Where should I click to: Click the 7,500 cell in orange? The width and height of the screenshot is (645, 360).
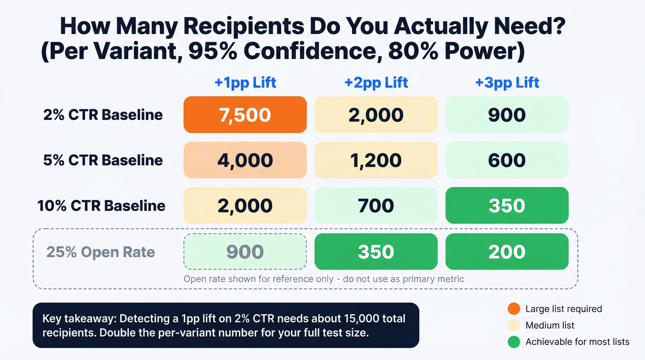tap(245, 115)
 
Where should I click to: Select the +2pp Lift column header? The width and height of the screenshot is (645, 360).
tap(376, 83)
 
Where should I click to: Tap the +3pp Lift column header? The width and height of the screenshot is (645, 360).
tap(507, 83)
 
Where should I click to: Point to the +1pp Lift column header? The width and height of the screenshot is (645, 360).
tap(245, 83)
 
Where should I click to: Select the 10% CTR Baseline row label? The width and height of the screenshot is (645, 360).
tap(101, 206)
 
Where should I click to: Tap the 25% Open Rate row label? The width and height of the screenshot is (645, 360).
tap(100, 252)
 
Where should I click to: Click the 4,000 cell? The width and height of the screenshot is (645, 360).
tap(245, 160)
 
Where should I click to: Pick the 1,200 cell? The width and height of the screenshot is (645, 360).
tap(376, 160)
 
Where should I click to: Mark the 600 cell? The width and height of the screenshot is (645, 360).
tap(507, 160)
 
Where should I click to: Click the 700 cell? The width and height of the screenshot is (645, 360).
tap(376, 206)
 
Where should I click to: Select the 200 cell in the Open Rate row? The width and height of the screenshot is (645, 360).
tap(507, 252)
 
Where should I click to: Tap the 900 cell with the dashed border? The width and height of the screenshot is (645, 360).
tap(245, 252)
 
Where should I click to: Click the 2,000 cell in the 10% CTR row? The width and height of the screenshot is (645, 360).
tap(245, 206)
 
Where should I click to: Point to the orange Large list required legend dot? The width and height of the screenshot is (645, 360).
tap(516, 309)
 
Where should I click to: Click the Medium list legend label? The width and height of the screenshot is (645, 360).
tap(550, 325)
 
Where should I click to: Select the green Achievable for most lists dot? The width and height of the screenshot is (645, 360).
tap(516, 342)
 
